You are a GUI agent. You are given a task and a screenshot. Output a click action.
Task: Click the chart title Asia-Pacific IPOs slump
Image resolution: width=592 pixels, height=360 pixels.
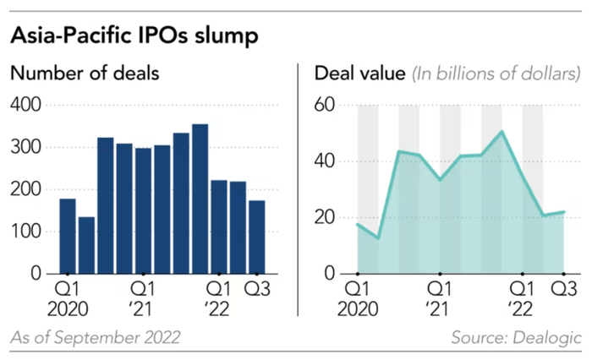coord(134,36)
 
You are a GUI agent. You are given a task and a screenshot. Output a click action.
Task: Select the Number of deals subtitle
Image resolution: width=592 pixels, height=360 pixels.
coord(85,74)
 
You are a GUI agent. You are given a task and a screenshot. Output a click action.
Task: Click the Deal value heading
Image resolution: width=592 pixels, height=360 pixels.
coord(359,74)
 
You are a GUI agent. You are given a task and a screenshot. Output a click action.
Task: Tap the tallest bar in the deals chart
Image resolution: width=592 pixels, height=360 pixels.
coord(200,199)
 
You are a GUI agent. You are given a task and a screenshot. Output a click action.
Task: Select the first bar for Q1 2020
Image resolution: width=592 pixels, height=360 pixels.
coord(68,236)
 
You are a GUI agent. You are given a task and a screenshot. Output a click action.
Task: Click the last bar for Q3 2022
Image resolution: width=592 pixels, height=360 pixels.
coord(256,237)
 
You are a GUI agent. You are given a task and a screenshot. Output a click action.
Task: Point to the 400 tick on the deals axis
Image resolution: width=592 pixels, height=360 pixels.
coord(26,105)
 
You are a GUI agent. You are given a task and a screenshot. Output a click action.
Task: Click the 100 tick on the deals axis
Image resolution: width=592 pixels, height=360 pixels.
coord(26,232)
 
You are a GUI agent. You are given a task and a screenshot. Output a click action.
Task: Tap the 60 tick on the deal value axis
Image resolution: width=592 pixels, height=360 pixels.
coord(326,105)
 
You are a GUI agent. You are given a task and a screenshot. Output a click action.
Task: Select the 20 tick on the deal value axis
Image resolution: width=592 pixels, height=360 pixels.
coord(326,217)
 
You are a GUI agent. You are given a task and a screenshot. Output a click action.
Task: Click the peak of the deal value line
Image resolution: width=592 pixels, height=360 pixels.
coord(502,131)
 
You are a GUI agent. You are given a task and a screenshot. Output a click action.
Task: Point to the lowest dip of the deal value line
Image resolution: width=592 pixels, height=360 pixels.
coord(377,238)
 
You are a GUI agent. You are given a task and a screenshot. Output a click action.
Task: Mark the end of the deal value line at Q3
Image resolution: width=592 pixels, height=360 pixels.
coord(563,212)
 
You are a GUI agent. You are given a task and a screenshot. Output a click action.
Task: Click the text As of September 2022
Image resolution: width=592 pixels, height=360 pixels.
coord(95,339)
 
